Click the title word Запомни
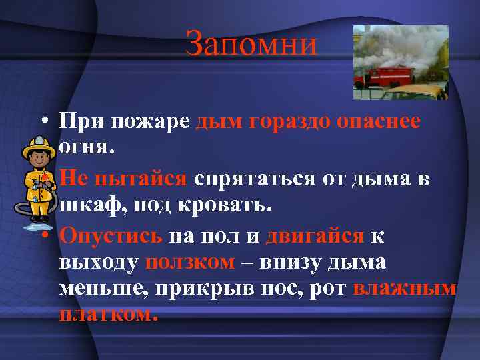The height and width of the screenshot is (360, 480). pyautogui.click(x=251, y=44)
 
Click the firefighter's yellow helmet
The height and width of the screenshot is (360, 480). pyautogui.click(x=39, y=145)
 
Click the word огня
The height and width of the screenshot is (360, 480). pyautogui.click(x=87, y=148)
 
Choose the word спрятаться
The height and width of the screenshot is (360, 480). pyautogui.click(x=254, y=179)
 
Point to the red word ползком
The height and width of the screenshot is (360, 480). pyautogui.click(x=190, y=262)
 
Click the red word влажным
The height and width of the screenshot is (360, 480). pyautogui.click(x=405, y=289)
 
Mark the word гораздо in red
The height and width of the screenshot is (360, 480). pyautogui.click(x=291, y=121)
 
